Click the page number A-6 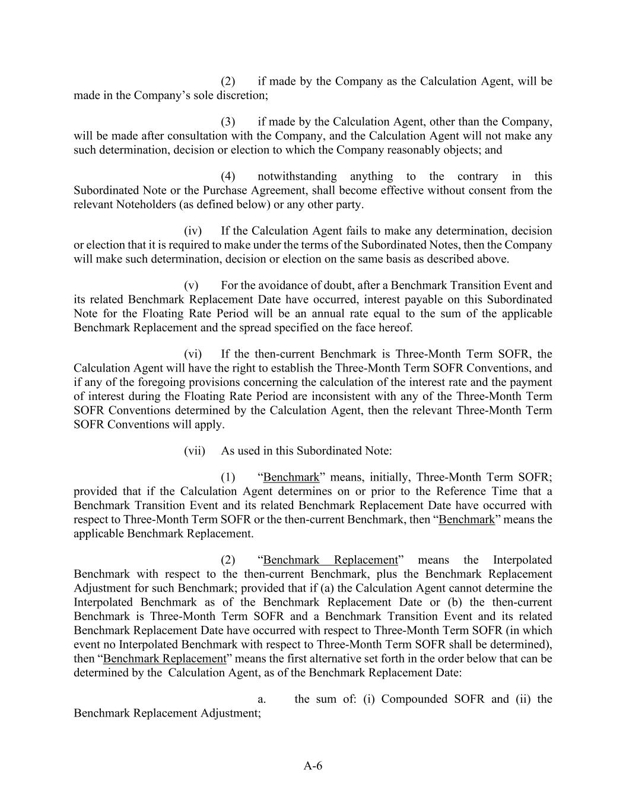click(313, 766)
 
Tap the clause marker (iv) click(193, 231)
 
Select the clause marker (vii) click(194, 450)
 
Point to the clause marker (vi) click(193, 354)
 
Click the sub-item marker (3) click(228, 121)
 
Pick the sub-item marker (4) click(228, 176)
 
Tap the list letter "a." click(261, 699)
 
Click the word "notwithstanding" click(297, 176)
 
